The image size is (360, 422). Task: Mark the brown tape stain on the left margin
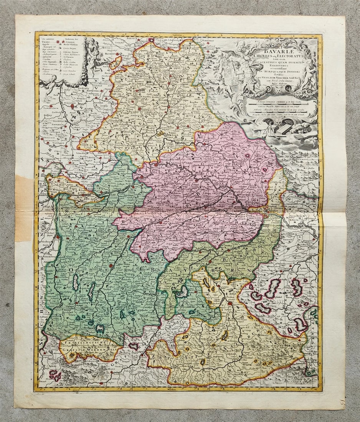pos(23,207)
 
